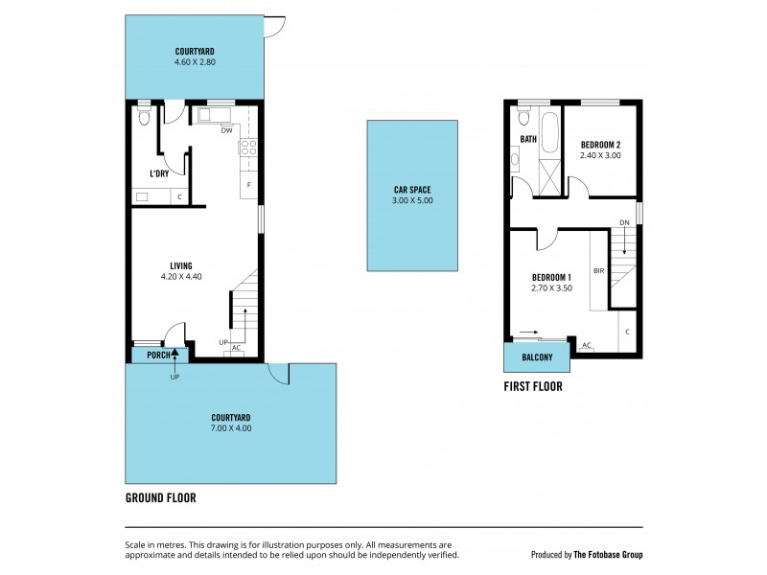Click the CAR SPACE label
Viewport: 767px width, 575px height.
pos(413,190)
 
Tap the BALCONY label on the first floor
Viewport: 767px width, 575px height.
pos(537,357)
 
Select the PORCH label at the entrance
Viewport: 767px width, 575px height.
pos(157,355)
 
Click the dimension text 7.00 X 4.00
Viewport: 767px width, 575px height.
pos(231,428)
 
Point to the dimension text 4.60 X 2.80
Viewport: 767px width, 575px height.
pos(194,62)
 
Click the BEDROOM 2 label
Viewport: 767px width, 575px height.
pos(601,145)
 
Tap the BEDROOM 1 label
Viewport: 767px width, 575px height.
pos(552,278)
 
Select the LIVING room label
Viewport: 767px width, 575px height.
pos(181,265)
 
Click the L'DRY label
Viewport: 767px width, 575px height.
pos(159,173)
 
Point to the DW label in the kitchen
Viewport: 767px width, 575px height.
pos(226,131)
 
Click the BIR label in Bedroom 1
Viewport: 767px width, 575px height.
pos(598,271)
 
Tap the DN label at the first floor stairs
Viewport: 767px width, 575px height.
pos(624,222)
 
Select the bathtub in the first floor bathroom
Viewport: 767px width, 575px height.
pos(550,130)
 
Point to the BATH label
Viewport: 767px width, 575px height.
pos(528,139)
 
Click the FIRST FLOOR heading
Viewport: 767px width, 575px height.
pos(533,387)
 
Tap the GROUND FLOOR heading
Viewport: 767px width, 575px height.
pos(161,498)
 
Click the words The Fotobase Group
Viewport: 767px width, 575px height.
pos(608,554)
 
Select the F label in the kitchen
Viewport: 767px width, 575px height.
pos(248,184)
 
